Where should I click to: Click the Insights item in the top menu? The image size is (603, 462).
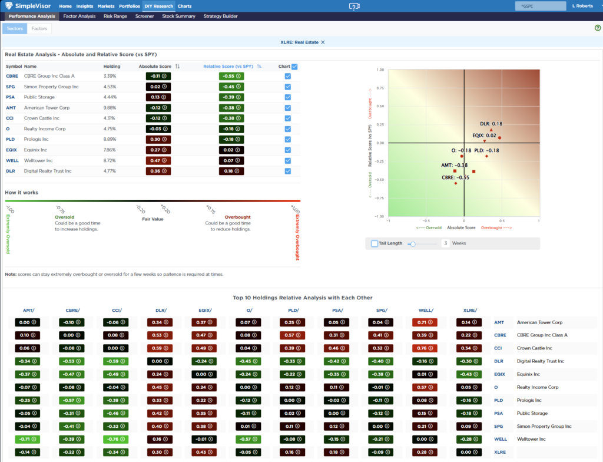click(85, 6)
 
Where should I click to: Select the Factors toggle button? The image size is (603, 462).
click(39, 28)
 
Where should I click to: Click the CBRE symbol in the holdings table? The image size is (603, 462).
click(12, 76)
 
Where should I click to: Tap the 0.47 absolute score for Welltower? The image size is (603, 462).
click(157, 160)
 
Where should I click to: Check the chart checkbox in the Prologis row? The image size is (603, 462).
click(287, 140)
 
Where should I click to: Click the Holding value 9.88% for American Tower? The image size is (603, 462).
click(110, 108)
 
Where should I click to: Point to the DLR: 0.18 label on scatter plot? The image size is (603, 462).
click(491, 124)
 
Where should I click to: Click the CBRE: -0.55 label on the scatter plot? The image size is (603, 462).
click(455, 177)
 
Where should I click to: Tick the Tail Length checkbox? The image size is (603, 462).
click(375, 243)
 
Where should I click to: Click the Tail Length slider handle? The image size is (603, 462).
click(413, 243)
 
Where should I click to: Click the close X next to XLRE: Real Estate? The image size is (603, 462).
click(323, 42)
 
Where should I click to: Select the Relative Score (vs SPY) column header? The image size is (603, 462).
click(228, 67)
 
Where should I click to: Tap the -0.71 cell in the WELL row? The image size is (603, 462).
click(25, 439)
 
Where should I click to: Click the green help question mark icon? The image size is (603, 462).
click(598, 28)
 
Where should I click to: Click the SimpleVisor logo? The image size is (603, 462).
click(29, 6)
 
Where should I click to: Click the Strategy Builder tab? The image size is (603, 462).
click(220, 16)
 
